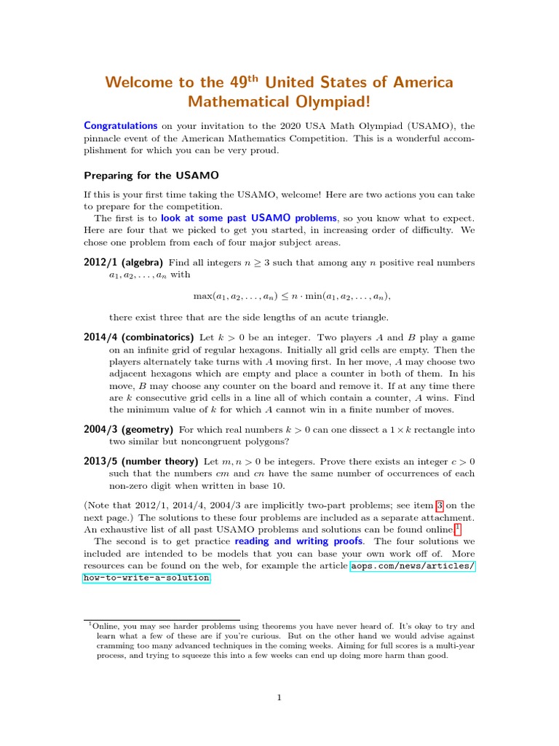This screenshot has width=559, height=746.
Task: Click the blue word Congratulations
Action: pos(121,125)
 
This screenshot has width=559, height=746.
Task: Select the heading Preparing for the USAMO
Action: pos(151,176)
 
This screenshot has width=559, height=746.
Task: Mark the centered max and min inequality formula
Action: pos(292,296)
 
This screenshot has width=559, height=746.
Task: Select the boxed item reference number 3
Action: pos(440,505)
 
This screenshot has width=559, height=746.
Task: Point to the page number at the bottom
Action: pos(279,698)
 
